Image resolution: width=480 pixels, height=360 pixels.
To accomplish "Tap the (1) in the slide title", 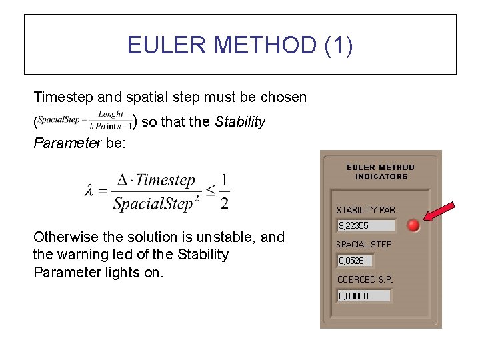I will click(x=338, y=45).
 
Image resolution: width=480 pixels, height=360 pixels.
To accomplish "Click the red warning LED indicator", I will click(x=413, y=225).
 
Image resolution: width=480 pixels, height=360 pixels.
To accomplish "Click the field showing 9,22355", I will click(x=365, y=226).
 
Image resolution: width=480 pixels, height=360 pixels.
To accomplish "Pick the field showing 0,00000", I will click(x=364, y=295).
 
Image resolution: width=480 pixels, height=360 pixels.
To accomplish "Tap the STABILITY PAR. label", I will click(x=366, y=210).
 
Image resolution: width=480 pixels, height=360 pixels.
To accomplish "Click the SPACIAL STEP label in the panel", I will click(x=363, y=245).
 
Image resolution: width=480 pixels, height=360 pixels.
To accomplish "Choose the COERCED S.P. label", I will click(x=364, y=279).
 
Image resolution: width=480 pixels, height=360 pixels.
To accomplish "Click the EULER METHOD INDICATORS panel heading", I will click(x=381, y=172).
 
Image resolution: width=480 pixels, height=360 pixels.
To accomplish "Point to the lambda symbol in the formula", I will click(x=91, y=191).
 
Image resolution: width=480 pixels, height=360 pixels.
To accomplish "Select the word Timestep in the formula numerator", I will click(x=165, y=180).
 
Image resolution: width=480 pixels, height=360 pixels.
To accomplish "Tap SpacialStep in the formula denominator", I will click(x=153, y=203).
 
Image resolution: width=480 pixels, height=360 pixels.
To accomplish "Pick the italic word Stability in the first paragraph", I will click(x=240, y=122).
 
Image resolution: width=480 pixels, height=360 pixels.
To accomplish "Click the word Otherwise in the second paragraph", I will click(x=64, y=237).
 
